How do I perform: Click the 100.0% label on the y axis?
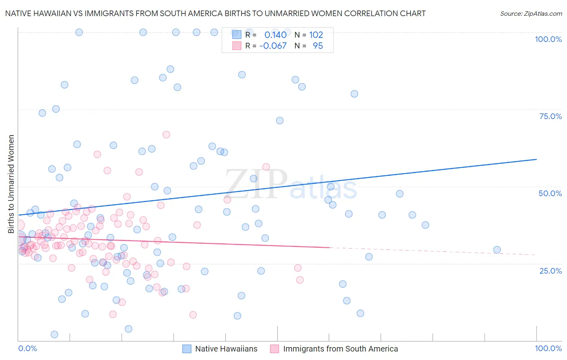(x=548, y=39)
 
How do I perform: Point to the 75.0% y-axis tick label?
(x=550, y=116)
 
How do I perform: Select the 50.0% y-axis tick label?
(x=550, y=193)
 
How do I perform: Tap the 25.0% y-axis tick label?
(x=550, y=271)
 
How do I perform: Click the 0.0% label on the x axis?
(x=27, y=348)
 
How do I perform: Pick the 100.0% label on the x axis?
(x=548, y=348)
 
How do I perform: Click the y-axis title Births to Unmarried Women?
(x=11, y=184)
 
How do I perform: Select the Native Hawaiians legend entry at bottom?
(x=226, y=349)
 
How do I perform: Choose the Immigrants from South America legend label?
(x=340, y=349)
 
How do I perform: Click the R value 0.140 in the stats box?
(x=275, y=35)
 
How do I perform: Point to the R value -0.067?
(x=273, y=46)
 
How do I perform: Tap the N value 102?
(x=316, y=35)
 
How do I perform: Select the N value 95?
(x=318, y=46)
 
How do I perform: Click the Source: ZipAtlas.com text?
(x=531, y=14)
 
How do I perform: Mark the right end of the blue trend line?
(x=536, y=159)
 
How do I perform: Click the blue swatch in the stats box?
(x=237, y=35)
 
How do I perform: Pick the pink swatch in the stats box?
(x=237, y=46)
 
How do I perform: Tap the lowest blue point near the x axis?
(x=54, y=334)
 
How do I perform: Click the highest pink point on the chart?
(x=166, y=135)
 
